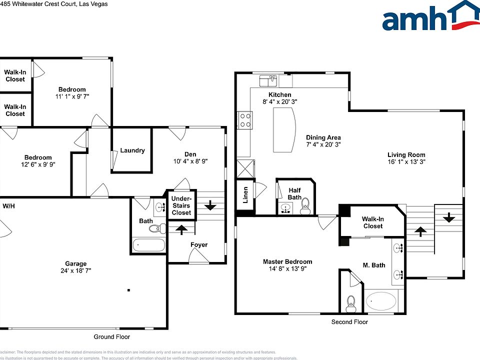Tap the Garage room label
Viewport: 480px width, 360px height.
click(x=76, y=263)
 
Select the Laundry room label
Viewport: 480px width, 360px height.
click(x=132, y=150)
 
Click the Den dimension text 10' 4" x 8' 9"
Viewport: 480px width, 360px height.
click(x=190, y=161)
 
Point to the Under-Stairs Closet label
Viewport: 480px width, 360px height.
click(x=181, y=205)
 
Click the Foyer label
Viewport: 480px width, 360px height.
click(x=199, y=245)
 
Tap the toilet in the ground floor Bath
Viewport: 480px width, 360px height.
click(x=157, y=228)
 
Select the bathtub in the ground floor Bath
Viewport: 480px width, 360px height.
click(x=148, y=245)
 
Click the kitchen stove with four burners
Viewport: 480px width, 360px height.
click(x=245, y=120)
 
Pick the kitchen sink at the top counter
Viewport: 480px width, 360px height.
click(x=268, y=80)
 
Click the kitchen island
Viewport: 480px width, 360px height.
click(x=284, y=129)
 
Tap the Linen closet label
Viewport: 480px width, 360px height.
click(x=245, y=195)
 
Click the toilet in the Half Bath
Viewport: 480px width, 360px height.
click(x=305, y=208)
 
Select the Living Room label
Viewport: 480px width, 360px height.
click(x=406, y=155)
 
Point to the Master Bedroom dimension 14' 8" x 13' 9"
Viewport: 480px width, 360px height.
click(x=287, y=268)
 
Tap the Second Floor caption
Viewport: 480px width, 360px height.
click(x=349, y=322)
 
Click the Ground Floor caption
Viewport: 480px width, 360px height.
click(x=112, y=336)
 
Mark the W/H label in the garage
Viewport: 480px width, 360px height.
click(x=8, y=205)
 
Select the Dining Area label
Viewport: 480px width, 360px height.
click(x=323, y=137)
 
